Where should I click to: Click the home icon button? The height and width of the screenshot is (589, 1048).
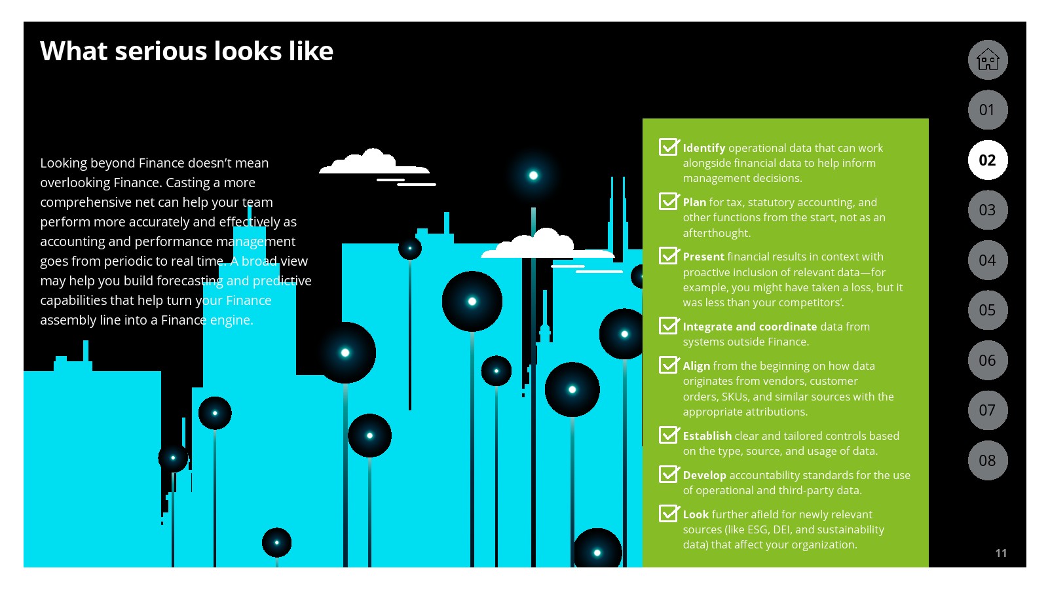(x=988, y=60)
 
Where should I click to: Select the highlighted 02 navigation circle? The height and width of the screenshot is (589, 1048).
(x=988, y=160)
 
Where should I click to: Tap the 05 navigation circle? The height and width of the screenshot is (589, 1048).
(x=988, y=310)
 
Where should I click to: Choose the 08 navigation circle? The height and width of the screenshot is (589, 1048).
(x=988, y=461)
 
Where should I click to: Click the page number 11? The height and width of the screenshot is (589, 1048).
(x=1001, y=553)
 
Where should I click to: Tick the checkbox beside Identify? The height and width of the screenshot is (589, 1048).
(x=669, y=147)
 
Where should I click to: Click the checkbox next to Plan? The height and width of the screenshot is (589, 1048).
(x=669, y=201)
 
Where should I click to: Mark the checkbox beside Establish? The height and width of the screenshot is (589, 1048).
(x=669, y=435)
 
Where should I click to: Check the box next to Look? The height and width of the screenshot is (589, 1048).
(x=669, y=513)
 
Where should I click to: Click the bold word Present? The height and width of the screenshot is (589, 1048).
(x=703, y=257)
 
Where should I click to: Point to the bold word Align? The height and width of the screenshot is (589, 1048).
(x=696, y=366)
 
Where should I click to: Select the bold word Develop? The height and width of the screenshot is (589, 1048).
(x=704, y=475)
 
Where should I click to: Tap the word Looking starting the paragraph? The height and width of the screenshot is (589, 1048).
(x=64, y=163)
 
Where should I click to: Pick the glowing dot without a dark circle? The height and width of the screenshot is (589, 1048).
(x=533, y=175)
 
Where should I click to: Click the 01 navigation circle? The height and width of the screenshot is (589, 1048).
(x=988, y=110)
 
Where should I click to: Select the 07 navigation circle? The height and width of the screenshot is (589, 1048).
(x=988, y=410)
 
